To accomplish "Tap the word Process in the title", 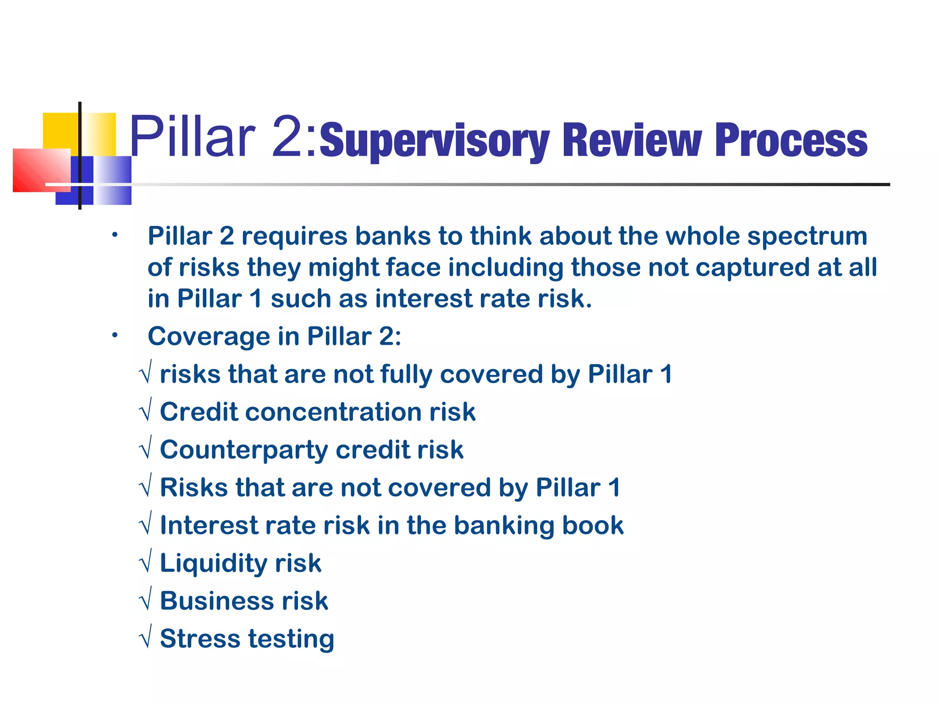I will [x=791, y=141].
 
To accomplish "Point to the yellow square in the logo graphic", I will [x=61, y=130].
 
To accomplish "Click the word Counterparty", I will [x=243, y=450].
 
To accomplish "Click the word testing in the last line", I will [x=291, y=640].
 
